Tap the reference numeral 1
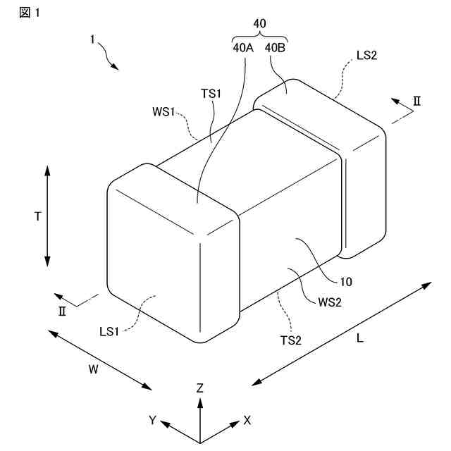pyautogui.click(x=92, y=41)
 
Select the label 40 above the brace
pyautogui.click(x=259, y=23)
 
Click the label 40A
pyautogui.click(x=244, y=49)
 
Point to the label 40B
pyautogui.click(x=276, y=49)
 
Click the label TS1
pyautogui.click(x=212, y=94)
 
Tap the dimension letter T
pyautogui.click(x=37, y=217)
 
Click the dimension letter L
pyautogui.click(x=359, y=338)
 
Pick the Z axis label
pyautogui.click(x=200, y=388)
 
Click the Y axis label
pyautogui.click(x=152, y=420)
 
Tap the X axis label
pyautogui.click(x=247, y=420)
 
